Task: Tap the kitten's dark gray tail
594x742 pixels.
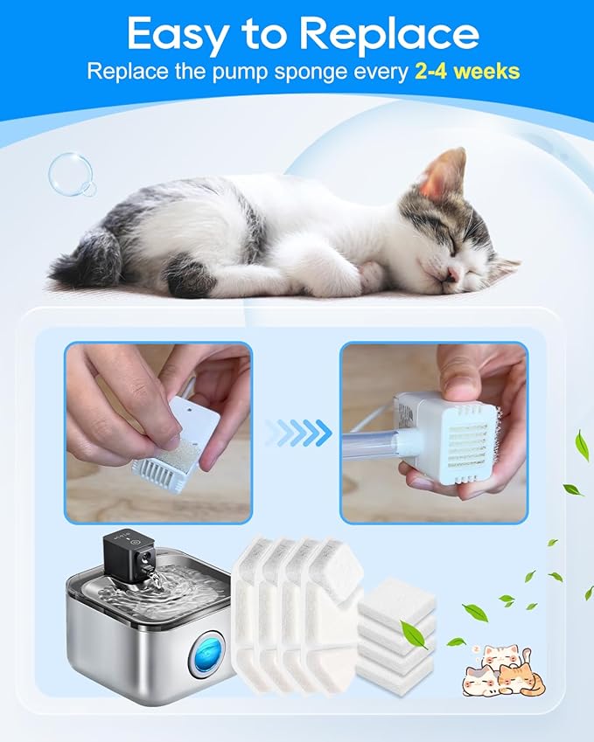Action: point(87,261)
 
